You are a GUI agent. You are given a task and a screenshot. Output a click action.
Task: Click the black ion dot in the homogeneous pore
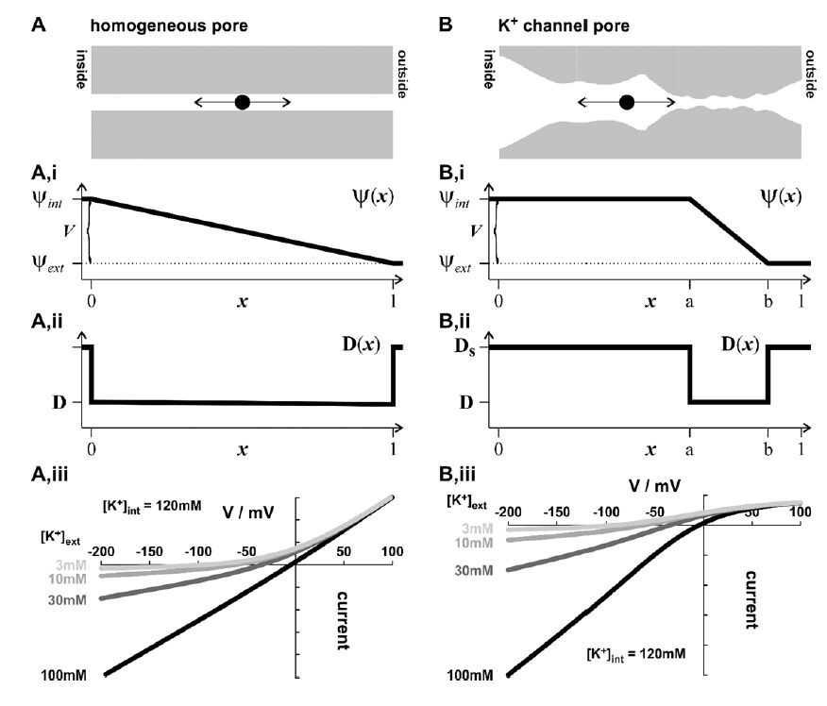tap(242, 102)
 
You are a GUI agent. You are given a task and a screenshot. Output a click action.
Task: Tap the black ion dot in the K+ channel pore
tap(626, 102)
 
